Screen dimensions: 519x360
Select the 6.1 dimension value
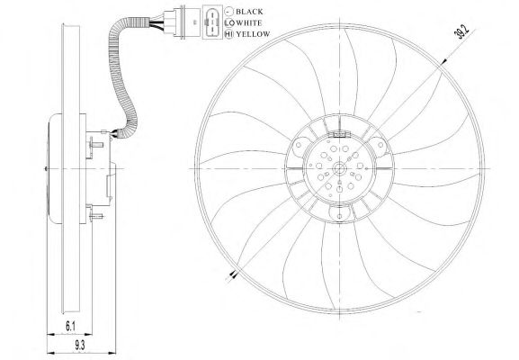pyautogui.click(x=70, y=327)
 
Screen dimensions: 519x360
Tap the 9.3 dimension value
pyautogui.click(x=79, y=346)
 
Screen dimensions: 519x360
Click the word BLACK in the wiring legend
pyautogui.click(x=249, y=12)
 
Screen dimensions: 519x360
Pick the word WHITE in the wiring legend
pyautogui.click(x=249, y=22)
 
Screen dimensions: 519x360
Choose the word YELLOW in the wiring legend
pyautogui.click(x=254, y=34)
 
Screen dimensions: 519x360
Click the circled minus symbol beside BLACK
pyautogui.click(x=228, y=12)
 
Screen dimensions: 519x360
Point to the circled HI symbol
pyautogui.click(x=228, y=34)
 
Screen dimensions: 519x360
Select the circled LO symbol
pyautogui.click(x=228, y=22)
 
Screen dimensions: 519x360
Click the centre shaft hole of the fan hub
pyautogui.click(x=340, y=169)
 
